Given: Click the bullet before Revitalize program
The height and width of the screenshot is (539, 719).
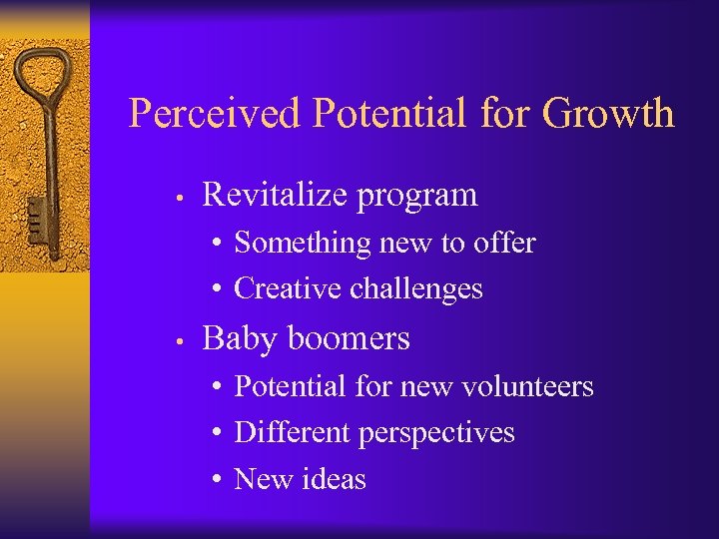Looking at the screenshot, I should coord(175,197).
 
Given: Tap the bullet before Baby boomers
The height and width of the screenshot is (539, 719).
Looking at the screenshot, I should coord(175,341).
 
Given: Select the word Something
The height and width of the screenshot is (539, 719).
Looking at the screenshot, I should coord(289,244).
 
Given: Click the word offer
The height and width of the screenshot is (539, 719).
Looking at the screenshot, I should coord(504,243).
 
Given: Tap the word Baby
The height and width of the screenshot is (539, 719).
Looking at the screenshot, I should coord(236,339).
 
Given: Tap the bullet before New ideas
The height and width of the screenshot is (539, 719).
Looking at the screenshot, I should coord(217,480).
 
